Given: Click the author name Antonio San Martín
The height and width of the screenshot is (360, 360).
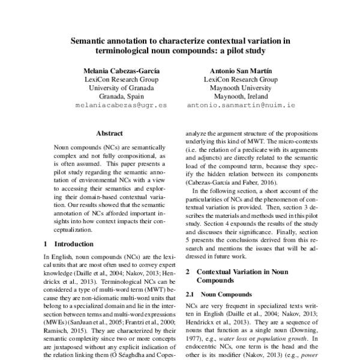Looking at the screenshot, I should [241, 69].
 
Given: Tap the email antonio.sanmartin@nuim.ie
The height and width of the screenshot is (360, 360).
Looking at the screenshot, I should [241, 105].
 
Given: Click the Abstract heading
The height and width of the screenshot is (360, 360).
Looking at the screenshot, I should [109, 133].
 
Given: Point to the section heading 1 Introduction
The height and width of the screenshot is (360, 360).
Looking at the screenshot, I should [69, 244].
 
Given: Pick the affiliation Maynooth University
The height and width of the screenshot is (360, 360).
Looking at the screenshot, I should [241, 87].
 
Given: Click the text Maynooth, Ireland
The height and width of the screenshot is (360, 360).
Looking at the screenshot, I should [241, 96].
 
